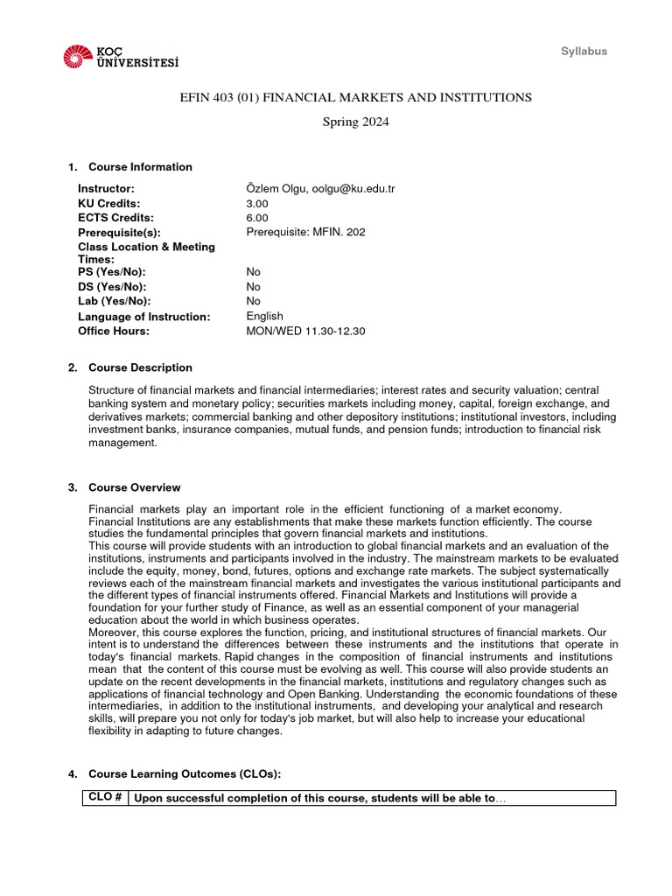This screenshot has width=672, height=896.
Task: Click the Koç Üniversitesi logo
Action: coord(121,58)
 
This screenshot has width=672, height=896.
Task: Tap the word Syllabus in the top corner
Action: coord(584,52)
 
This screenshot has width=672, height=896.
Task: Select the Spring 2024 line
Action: coord(355,122)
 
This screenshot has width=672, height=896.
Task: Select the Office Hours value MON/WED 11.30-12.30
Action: coord(306,331)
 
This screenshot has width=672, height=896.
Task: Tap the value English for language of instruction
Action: coord(265,316)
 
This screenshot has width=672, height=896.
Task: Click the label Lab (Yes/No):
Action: coord(112,301)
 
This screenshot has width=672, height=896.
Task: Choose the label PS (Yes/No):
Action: coord(111,272)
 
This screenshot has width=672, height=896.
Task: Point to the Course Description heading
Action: coord(140,367)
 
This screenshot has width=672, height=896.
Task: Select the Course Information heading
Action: coord(140,167)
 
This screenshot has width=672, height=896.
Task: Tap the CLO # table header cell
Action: coord(105,798)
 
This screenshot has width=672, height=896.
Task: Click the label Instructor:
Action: coord(106,189)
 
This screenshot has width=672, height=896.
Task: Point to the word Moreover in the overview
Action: coord(112,632)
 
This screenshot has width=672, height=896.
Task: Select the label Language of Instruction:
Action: coord(143,316)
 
